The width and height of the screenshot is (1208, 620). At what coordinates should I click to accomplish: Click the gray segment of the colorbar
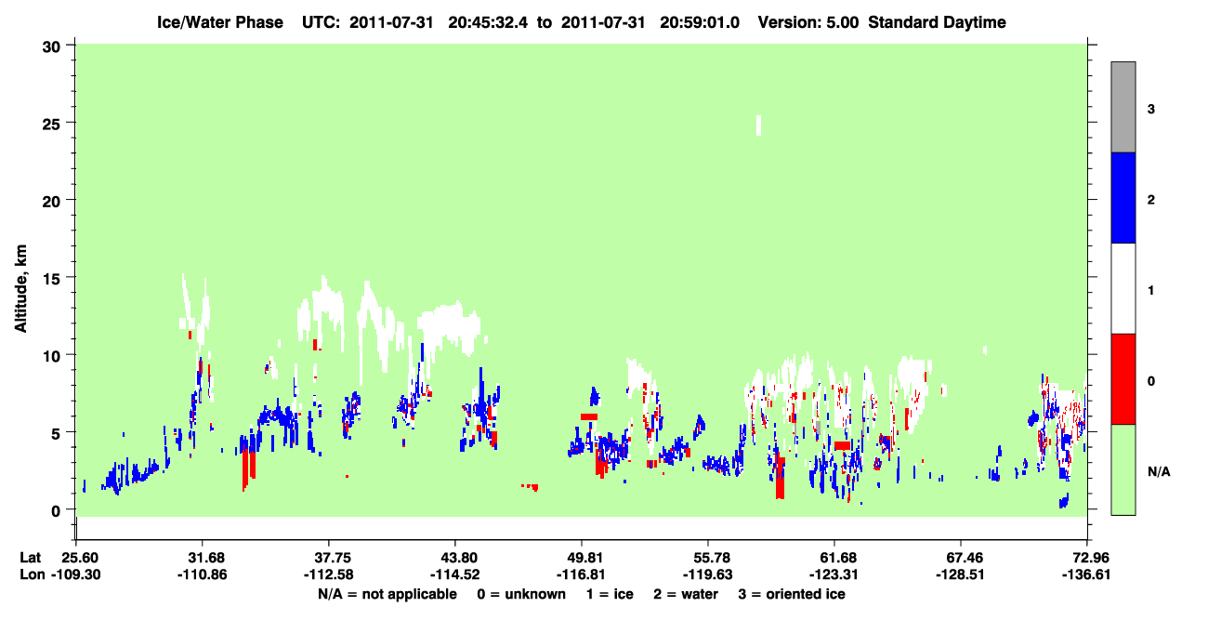point(1123,107)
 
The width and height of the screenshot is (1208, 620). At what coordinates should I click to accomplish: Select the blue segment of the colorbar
point(1123,197)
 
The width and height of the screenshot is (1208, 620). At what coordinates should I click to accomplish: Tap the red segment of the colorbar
point(1123,379)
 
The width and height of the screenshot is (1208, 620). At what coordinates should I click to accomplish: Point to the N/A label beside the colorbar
point(1159,472)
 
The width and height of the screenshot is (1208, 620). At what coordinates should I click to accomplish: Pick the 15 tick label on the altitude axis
point(51,279)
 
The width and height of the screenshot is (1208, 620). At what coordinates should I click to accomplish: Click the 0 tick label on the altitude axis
point(56,511)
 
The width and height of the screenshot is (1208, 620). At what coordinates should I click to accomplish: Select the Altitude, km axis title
point(20,289)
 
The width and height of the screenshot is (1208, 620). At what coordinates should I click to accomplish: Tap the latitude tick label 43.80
point(454,558)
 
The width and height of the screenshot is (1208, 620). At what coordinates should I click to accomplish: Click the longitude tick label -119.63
point(707,574)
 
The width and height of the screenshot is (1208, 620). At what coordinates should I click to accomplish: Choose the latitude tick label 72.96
point(1086,558)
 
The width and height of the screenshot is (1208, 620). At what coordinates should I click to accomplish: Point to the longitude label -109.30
point(76,574)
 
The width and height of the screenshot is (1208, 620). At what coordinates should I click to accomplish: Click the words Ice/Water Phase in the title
point(220,22)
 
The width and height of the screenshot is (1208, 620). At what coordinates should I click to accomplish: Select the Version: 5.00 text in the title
point(808,22)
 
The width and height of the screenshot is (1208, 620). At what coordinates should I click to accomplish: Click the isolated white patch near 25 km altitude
point(759,125)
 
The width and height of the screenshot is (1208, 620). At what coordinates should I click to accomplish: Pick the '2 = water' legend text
point(686,595)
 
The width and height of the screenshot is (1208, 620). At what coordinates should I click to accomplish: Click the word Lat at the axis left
point(30,558)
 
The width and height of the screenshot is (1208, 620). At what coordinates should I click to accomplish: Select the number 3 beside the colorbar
point(1151,110)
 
